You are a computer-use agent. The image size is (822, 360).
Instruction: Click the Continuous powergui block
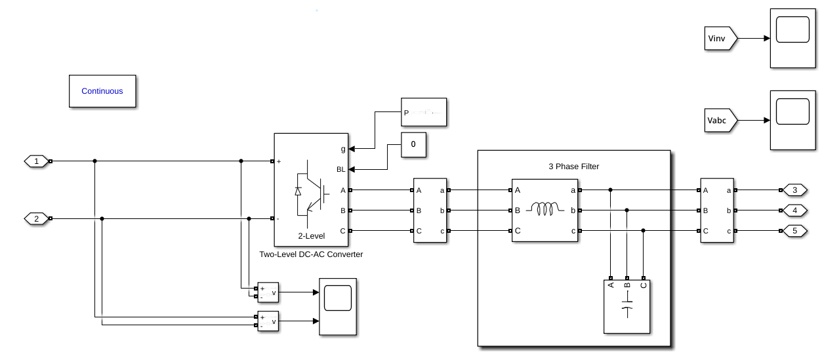(102, 91)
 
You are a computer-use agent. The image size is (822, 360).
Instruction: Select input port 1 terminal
(36, 161)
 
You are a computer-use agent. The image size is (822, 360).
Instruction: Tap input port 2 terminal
(36, 218)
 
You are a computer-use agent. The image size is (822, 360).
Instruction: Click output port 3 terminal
(794, 190)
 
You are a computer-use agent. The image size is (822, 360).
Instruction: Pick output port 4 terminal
(794, 210)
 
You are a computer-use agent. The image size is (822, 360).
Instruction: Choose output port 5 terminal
(794, 231)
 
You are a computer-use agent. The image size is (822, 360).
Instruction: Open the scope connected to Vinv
(791, 39)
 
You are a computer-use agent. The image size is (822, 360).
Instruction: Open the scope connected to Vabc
(791, 121)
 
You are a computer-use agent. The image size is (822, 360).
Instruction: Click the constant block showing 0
(413, 144)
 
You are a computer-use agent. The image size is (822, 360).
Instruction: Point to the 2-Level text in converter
(312, 236)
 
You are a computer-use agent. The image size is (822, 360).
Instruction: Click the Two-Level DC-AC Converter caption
(311, 254)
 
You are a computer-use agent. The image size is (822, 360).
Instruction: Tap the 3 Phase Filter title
(573, 167)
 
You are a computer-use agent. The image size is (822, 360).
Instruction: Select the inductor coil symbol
(545, 210)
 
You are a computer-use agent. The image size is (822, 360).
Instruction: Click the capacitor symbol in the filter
(627, 311)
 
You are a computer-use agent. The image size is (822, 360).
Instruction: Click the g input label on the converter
(342, 150)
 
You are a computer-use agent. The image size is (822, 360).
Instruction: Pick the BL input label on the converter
(341, 169)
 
